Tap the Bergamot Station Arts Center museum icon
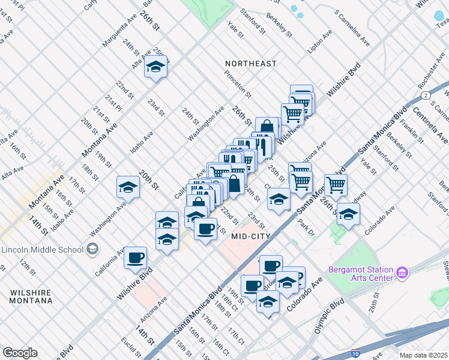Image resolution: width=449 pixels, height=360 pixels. point(402,274)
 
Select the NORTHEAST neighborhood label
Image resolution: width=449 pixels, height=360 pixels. point(251,63)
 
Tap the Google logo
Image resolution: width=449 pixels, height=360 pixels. point(20,353)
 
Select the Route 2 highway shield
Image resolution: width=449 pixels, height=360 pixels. point(425,95)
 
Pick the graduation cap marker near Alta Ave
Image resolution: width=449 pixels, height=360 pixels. point(155,67)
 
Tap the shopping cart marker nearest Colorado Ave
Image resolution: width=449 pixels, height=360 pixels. point(336,184)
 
